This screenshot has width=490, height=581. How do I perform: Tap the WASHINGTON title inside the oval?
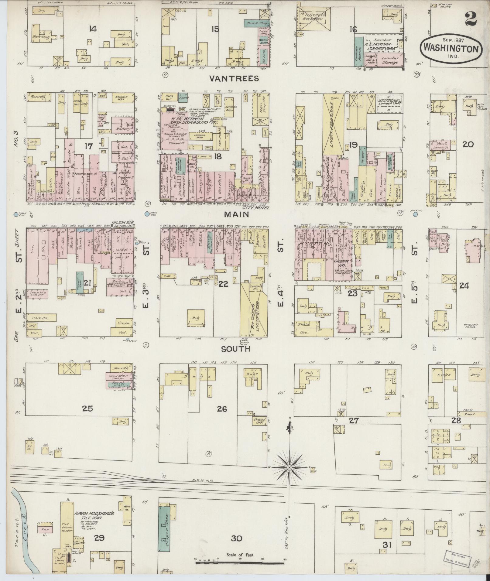click(x=451, y=48)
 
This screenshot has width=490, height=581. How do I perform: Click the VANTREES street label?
click(x=234, y=79)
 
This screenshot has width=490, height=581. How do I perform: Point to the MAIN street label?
click(x=236, y=214)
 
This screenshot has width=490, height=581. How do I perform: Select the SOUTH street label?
click(x=235, y=349)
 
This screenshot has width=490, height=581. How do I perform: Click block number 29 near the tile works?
click(x=99, y=538)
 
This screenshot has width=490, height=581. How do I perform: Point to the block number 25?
click(x=87, y=408)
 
